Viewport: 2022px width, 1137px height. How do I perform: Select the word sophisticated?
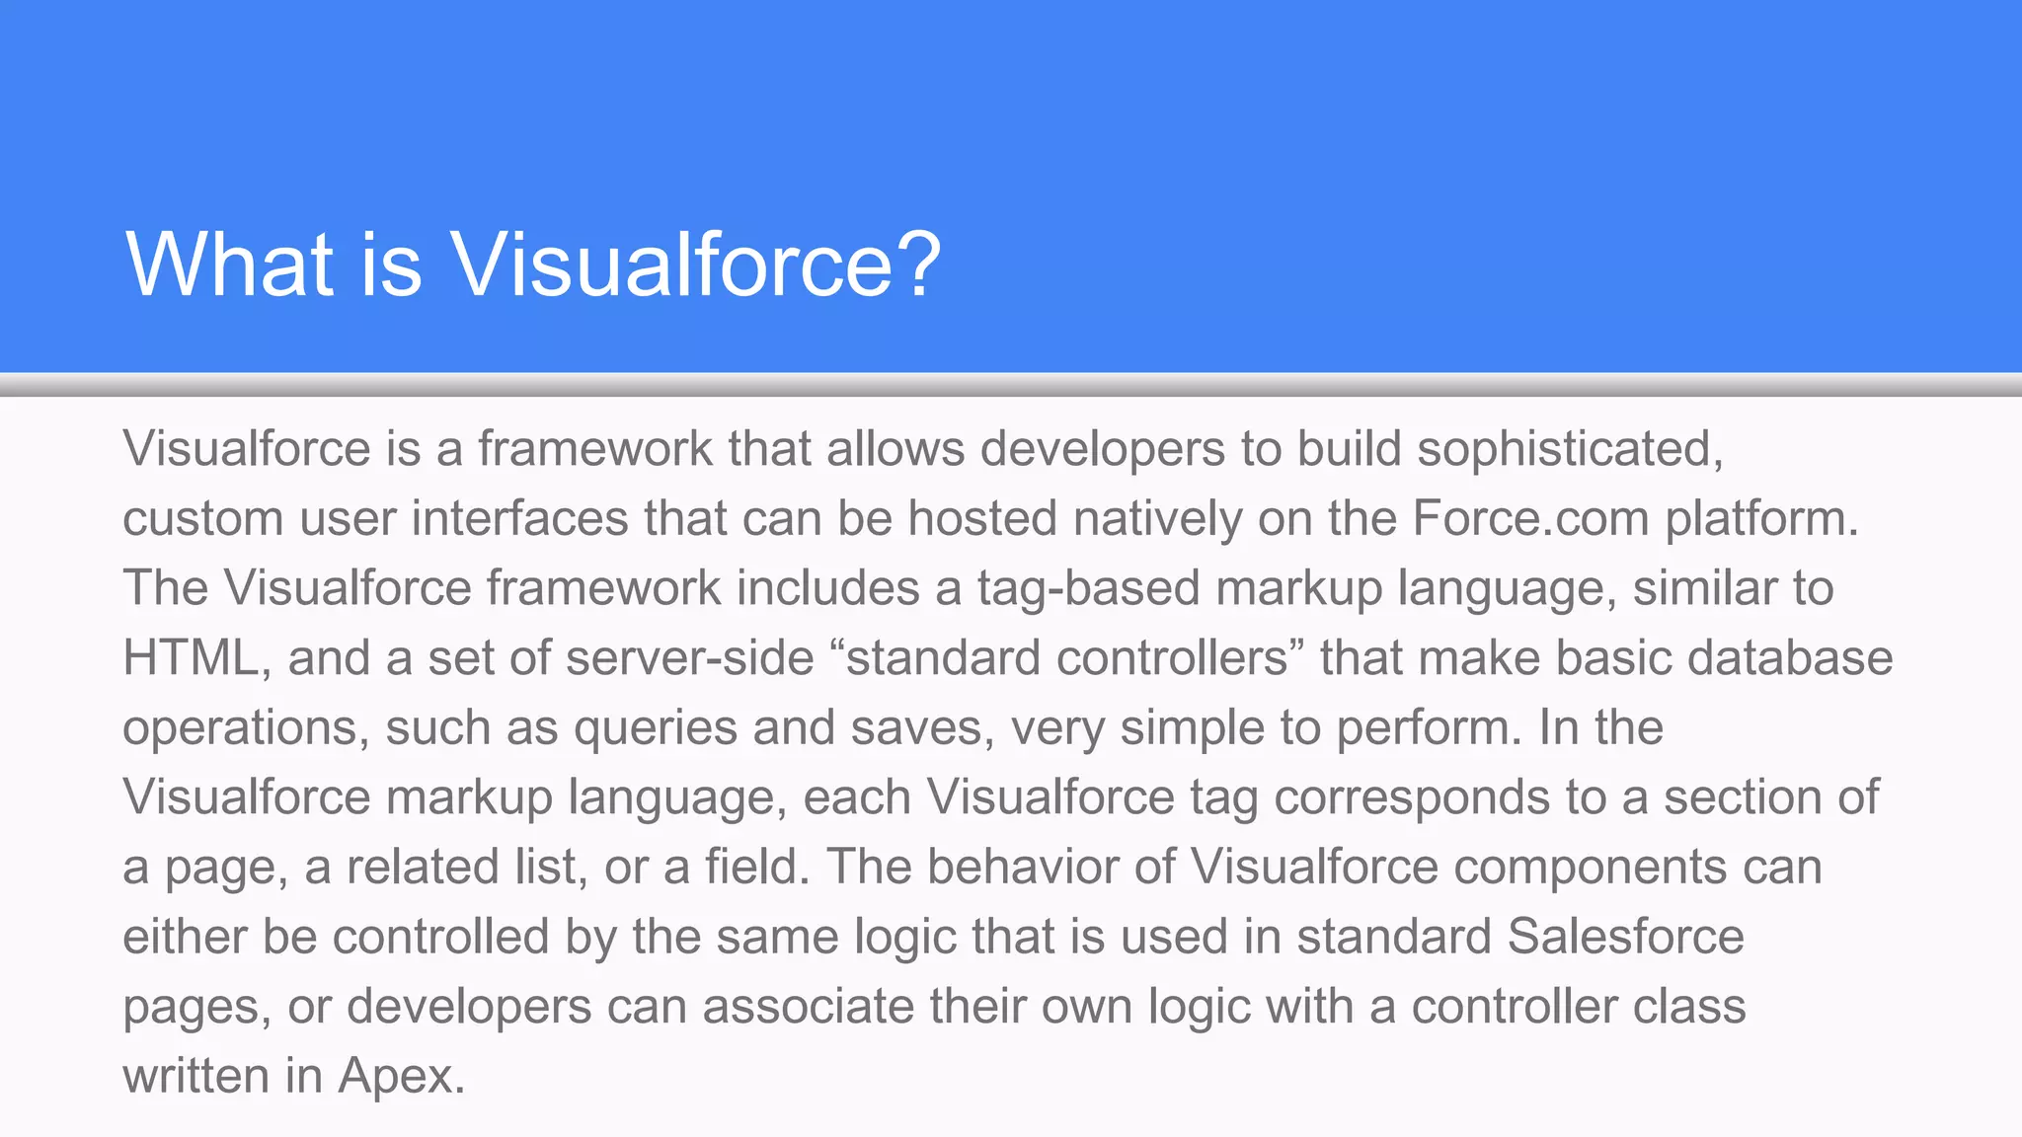(1570, 449)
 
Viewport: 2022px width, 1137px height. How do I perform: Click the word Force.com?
(1530, 518)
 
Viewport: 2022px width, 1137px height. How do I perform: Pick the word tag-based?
(1088, 589)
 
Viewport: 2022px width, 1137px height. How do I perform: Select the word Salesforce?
(1625, 937)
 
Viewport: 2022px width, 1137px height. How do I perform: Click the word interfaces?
(520, 518)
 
